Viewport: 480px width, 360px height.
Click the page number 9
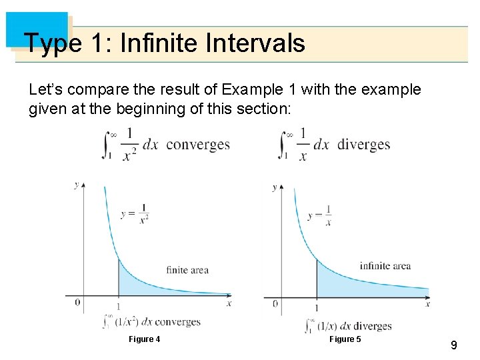[453, 345]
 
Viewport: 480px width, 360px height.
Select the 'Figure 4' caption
[145, 339]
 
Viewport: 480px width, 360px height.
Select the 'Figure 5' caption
[345, 339]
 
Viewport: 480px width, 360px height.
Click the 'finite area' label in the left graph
[187, 270]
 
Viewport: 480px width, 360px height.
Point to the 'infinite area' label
[385, 266]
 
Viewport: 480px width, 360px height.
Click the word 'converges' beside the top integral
[197, 145]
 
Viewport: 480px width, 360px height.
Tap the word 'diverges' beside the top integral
[364, 145]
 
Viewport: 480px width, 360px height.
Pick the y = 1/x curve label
[321, 215]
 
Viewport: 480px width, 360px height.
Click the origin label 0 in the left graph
[77, 303]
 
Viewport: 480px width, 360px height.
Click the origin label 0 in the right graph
[276, 304]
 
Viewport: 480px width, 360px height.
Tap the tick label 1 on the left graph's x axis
[118, 307]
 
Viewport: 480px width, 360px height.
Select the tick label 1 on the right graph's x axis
[316, 307]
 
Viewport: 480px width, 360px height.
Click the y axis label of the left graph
[77, 184]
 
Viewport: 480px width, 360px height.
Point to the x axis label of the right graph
[427, 304]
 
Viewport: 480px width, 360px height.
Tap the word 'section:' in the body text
[265, 108]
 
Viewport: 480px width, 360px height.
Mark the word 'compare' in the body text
[90, 89]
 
